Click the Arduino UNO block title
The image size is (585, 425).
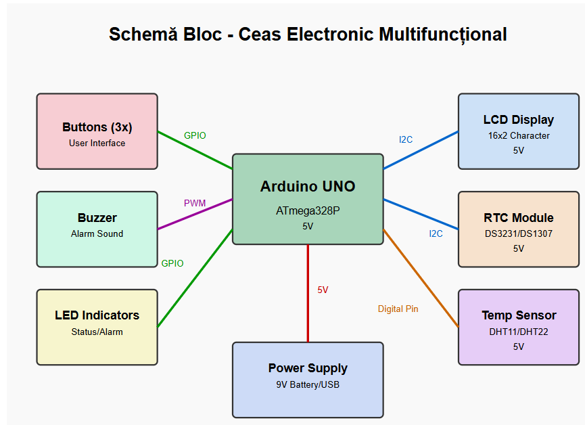(x=308, y=187)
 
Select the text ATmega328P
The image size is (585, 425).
(x=308, y=210)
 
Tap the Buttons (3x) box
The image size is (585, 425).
(x=97, y=131)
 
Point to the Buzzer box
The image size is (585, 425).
(x=97, y=229)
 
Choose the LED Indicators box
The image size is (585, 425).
(x=97, y=327)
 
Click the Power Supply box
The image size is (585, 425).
(x=308, y=379)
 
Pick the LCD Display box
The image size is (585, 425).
(x=518, y=131)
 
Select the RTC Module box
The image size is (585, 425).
(x=518, y=229)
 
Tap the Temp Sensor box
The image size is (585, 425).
(x=518, y=327)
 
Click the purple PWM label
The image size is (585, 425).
(x=195, y=203)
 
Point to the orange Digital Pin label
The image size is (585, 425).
(x=398, y=309)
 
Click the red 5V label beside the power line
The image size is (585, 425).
(x=323, y=290)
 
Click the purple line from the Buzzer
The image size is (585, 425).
(x=195, y=215)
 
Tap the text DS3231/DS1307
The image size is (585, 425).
(x=518, y=233)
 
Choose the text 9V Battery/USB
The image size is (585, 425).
(x=308, y=385)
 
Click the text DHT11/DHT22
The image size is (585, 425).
(x=518, y=332)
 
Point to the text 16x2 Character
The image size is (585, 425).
(x=518, y=135)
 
